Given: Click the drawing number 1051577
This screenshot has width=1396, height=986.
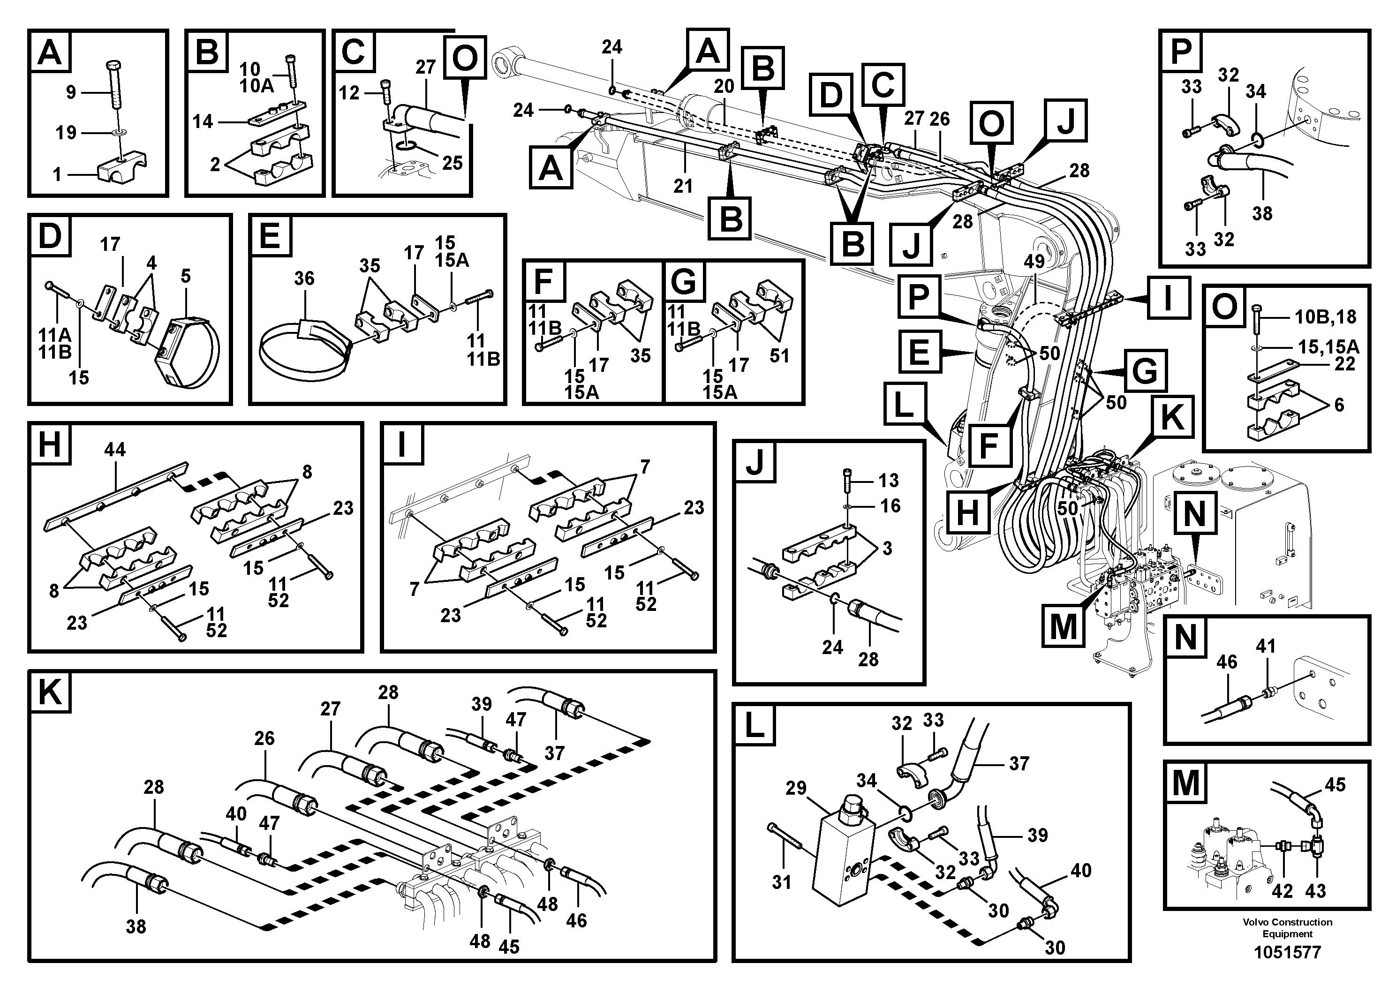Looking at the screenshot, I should click(1287, 952).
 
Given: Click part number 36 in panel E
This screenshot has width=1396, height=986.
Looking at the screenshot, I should click(304, 278).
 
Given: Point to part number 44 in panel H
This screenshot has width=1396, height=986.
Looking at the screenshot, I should click(114, 449).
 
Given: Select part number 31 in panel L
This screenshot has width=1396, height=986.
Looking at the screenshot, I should click(781, 881).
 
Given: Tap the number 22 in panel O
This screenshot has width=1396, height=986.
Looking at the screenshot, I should click(1345, 363).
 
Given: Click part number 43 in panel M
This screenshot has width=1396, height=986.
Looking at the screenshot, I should click(1315, 891).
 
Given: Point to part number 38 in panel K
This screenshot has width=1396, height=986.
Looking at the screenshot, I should click(136, 926).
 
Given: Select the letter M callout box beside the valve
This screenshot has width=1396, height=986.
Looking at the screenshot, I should click(1064, 626).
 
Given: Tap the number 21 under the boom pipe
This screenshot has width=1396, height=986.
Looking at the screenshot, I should click(683, 186).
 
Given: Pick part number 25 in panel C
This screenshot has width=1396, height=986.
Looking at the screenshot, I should click(452, 163).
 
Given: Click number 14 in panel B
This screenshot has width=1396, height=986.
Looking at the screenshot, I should click(203, 121).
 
